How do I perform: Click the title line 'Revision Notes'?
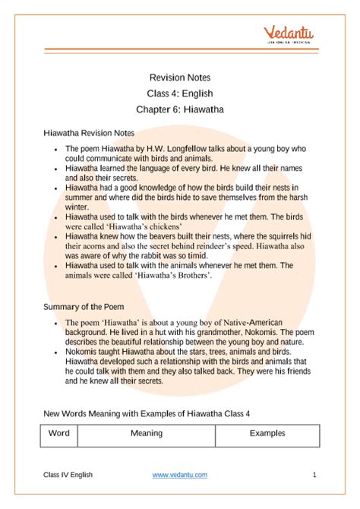(x=180, y=77)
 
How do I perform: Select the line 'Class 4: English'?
(x=180, y=93)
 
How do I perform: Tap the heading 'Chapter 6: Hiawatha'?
(x=180, y=109)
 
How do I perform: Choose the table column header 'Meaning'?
(x=146, y=433)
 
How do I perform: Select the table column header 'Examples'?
(x=267, y=433)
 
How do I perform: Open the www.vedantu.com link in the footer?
(x=179, y=475)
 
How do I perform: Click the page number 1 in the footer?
(x=314, y=475)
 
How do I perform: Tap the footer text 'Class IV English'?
(x=68, y=475)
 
